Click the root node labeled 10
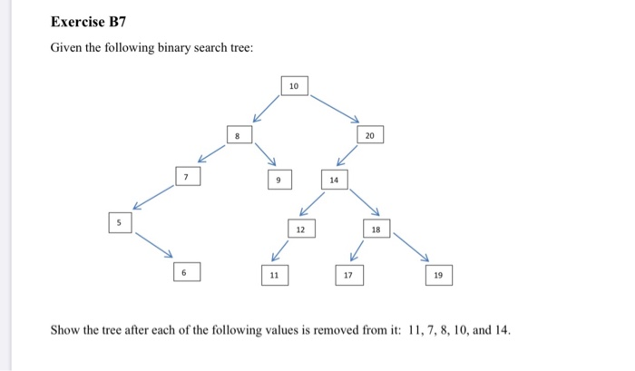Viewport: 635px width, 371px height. point(294,86)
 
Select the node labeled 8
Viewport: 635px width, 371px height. point(238,135)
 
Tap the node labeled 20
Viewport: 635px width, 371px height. point(369,135)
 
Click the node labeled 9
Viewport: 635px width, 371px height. point(279,180)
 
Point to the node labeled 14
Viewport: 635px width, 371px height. point(334,180)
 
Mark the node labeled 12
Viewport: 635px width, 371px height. point(300,229)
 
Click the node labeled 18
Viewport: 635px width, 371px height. point(376,229)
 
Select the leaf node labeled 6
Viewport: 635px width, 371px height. point(184,271)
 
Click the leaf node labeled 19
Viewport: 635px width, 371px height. point(438,274)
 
